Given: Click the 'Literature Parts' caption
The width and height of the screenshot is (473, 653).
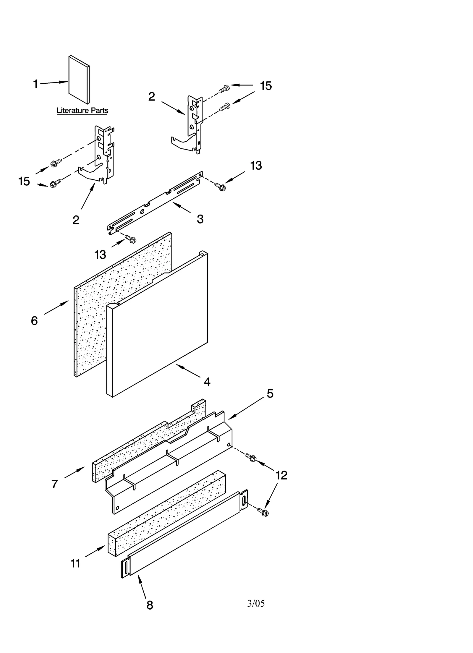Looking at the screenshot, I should pos(82,111).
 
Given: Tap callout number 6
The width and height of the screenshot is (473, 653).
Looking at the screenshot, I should pos(34,321).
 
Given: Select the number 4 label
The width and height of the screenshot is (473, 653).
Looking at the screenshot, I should pos(207,382).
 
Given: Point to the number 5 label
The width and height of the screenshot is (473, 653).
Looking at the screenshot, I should pos(270,394).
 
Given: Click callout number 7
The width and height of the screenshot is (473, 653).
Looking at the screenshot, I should pos(54,485).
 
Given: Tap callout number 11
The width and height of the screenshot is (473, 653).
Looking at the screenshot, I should pos(75,564).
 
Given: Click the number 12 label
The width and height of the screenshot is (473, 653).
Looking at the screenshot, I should pos(281,475).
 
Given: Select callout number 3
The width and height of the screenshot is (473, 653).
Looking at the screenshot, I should pos(200,219).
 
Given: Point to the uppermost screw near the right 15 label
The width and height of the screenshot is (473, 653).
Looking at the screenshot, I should pos(224,88).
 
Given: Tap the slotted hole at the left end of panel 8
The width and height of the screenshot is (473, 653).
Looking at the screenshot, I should pos(126,568).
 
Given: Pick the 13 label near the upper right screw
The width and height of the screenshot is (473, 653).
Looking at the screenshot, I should pos(256,166).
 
